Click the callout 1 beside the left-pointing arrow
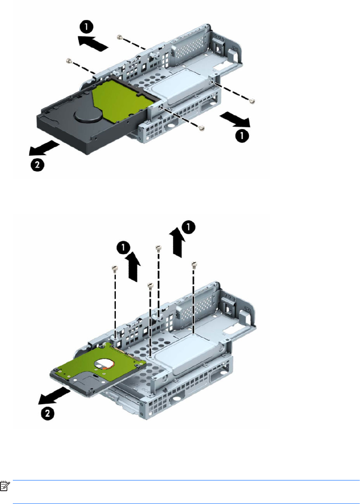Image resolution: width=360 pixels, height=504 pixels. (87, 27)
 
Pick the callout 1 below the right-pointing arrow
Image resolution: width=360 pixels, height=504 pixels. (242, 135)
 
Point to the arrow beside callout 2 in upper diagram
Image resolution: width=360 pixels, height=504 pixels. (44, 148)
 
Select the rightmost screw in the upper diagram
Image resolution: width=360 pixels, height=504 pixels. (253, 101)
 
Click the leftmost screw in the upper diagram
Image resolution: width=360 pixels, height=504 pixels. (68, 60)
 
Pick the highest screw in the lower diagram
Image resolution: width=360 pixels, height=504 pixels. (158, 247)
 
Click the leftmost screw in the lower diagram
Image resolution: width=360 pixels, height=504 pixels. (114, 268)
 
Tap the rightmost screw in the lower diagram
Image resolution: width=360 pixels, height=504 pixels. (194, 264)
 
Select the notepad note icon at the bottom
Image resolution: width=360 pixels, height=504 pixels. (5, 486)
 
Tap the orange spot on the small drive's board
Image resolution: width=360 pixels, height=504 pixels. (103, 367)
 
